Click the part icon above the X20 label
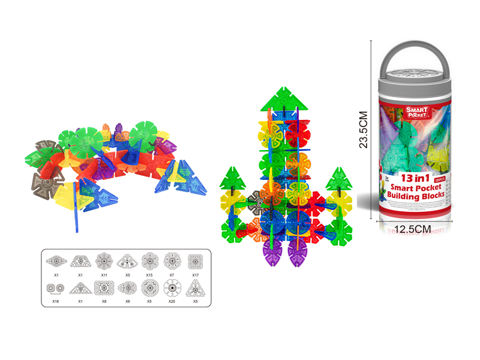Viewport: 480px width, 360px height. (172, 289)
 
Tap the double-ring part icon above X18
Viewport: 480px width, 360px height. (56, 289)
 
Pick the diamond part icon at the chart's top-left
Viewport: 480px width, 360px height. (56, 261)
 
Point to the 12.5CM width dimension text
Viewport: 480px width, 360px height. (414, 229)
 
